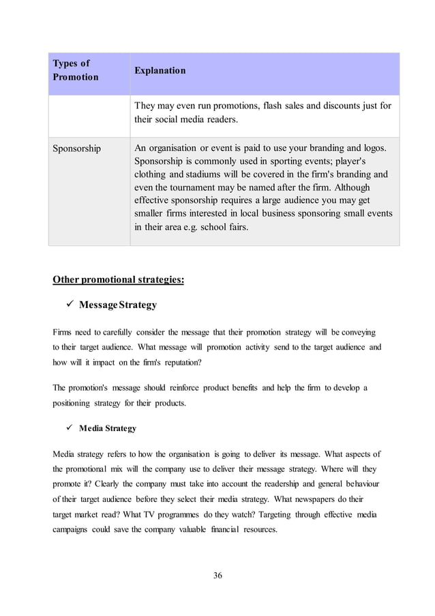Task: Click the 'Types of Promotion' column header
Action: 75,70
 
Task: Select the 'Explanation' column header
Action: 160,71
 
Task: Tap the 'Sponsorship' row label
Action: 76,149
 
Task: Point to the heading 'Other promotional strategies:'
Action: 118,279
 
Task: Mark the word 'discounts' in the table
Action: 337,106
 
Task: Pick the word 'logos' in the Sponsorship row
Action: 372,148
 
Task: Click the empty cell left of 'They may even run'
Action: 89,113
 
